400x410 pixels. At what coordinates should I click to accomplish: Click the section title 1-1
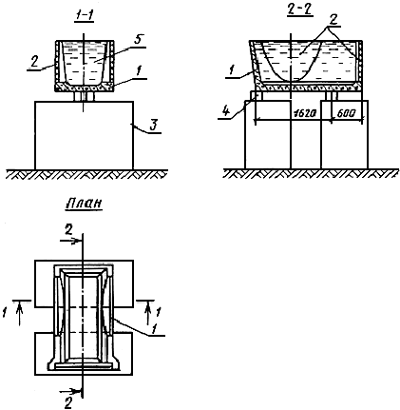tap(85, 15)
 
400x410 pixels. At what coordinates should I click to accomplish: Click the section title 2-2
tap(299, 10)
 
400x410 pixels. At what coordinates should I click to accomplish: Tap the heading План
tap(84, 204)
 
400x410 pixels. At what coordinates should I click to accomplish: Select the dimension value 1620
tap(304, 114)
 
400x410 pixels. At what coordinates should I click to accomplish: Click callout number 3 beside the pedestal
tap(153, 126)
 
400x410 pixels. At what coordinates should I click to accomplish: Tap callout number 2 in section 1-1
tap(35, 62)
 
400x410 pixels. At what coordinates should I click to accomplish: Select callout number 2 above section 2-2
tap(333, 20)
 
